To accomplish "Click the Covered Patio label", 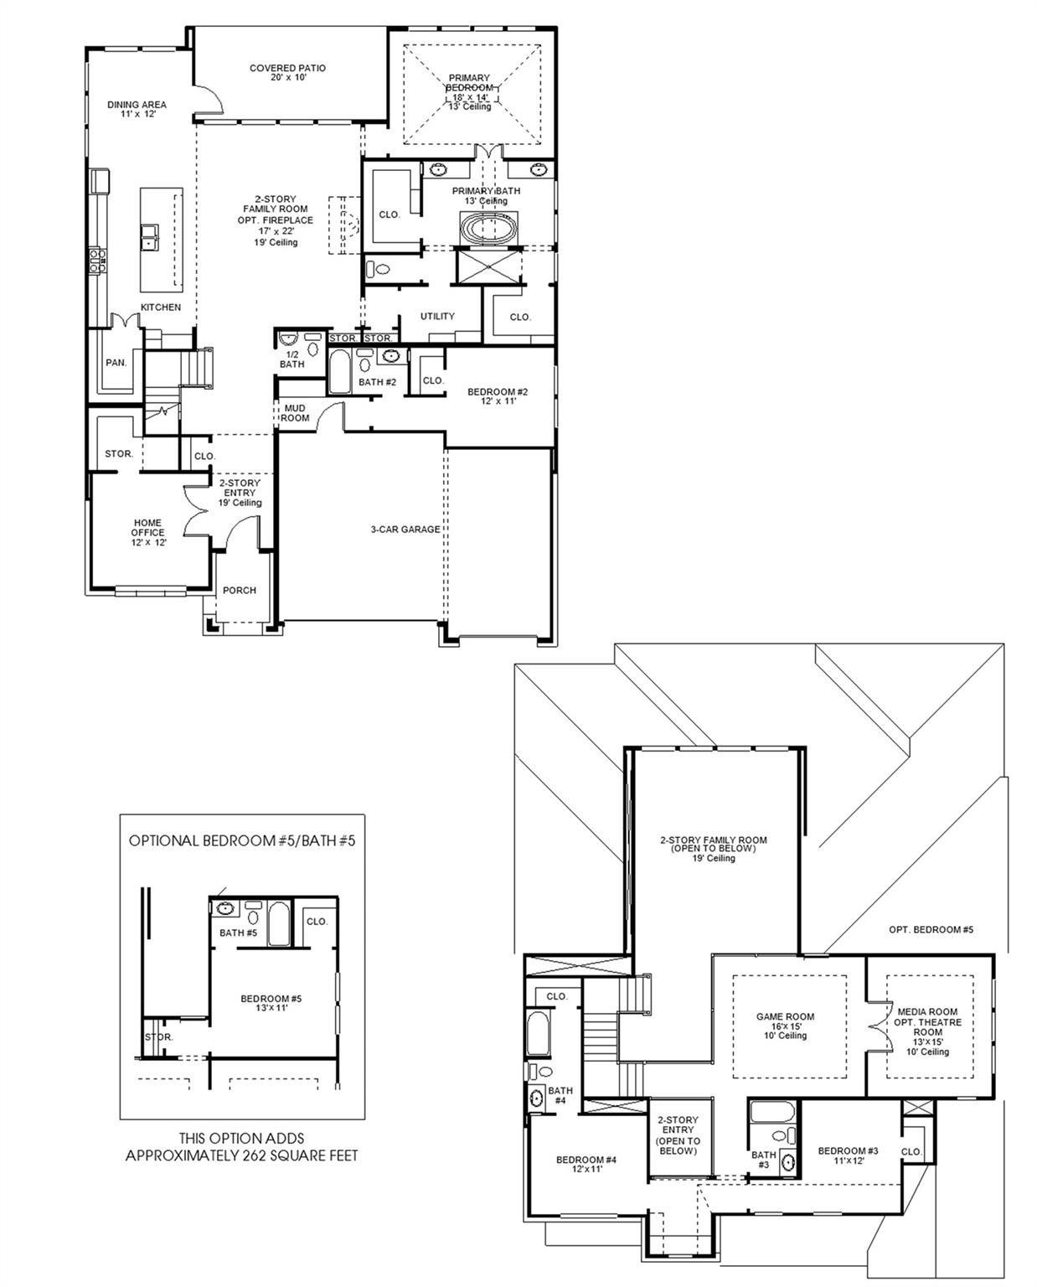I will point(287,73).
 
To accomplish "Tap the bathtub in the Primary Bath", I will point(490,229).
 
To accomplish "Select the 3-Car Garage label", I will point(405,530).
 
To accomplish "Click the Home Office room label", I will point(147,532).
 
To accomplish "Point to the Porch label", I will point(239,591).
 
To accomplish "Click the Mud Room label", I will point(295,413).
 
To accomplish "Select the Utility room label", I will point(437,316).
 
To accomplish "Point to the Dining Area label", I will point(137,109).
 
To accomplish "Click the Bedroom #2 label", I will point(498,396).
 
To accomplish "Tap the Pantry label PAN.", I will point(116,363).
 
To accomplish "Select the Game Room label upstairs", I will point(785,1026).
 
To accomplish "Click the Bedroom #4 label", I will point(586,1164).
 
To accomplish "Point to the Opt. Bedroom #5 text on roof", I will point(931,930).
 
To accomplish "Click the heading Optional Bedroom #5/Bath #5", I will point(242,840).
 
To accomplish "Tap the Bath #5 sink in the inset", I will point(225,908).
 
